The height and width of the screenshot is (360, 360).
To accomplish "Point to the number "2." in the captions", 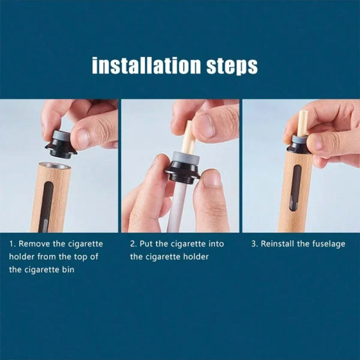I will point(134,244).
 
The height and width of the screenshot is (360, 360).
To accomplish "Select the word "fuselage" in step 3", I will point(328,244).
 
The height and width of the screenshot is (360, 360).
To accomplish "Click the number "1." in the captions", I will point(12,244).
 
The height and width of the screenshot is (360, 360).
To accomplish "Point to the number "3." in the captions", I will point(254,244).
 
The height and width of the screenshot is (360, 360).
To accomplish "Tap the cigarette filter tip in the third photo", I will point(302,123).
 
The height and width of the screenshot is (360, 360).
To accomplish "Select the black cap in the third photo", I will point(299,146).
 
